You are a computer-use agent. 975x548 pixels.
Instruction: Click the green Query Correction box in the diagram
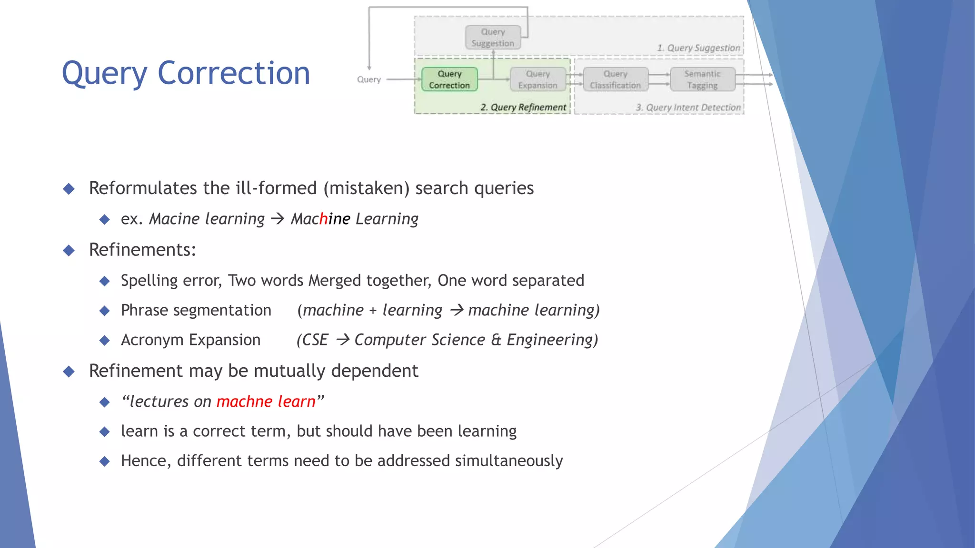449,79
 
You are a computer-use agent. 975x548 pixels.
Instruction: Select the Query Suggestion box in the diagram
493,38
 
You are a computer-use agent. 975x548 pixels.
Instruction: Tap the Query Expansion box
537,79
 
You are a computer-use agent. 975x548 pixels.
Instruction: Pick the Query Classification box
615,79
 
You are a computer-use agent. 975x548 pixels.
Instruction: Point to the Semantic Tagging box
702,79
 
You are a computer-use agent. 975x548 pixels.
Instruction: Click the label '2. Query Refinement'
523,108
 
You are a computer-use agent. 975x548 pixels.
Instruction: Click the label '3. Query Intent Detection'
688,108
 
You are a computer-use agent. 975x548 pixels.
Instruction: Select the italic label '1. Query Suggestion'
698,48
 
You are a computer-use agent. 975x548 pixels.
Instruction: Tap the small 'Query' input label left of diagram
369,79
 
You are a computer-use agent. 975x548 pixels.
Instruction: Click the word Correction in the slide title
234,74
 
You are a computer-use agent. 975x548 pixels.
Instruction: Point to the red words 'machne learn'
266,401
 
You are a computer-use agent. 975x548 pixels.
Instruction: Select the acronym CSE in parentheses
315,340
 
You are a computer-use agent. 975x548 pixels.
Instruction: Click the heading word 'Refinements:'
142,250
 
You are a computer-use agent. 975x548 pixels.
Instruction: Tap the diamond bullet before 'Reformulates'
69,189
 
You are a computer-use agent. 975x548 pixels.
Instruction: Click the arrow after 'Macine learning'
278,219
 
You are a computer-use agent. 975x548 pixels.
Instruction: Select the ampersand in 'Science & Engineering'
496,340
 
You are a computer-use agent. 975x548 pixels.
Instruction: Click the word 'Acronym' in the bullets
152,340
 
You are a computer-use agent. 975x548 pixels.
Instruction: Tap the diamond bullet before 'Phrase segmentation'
105,311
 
